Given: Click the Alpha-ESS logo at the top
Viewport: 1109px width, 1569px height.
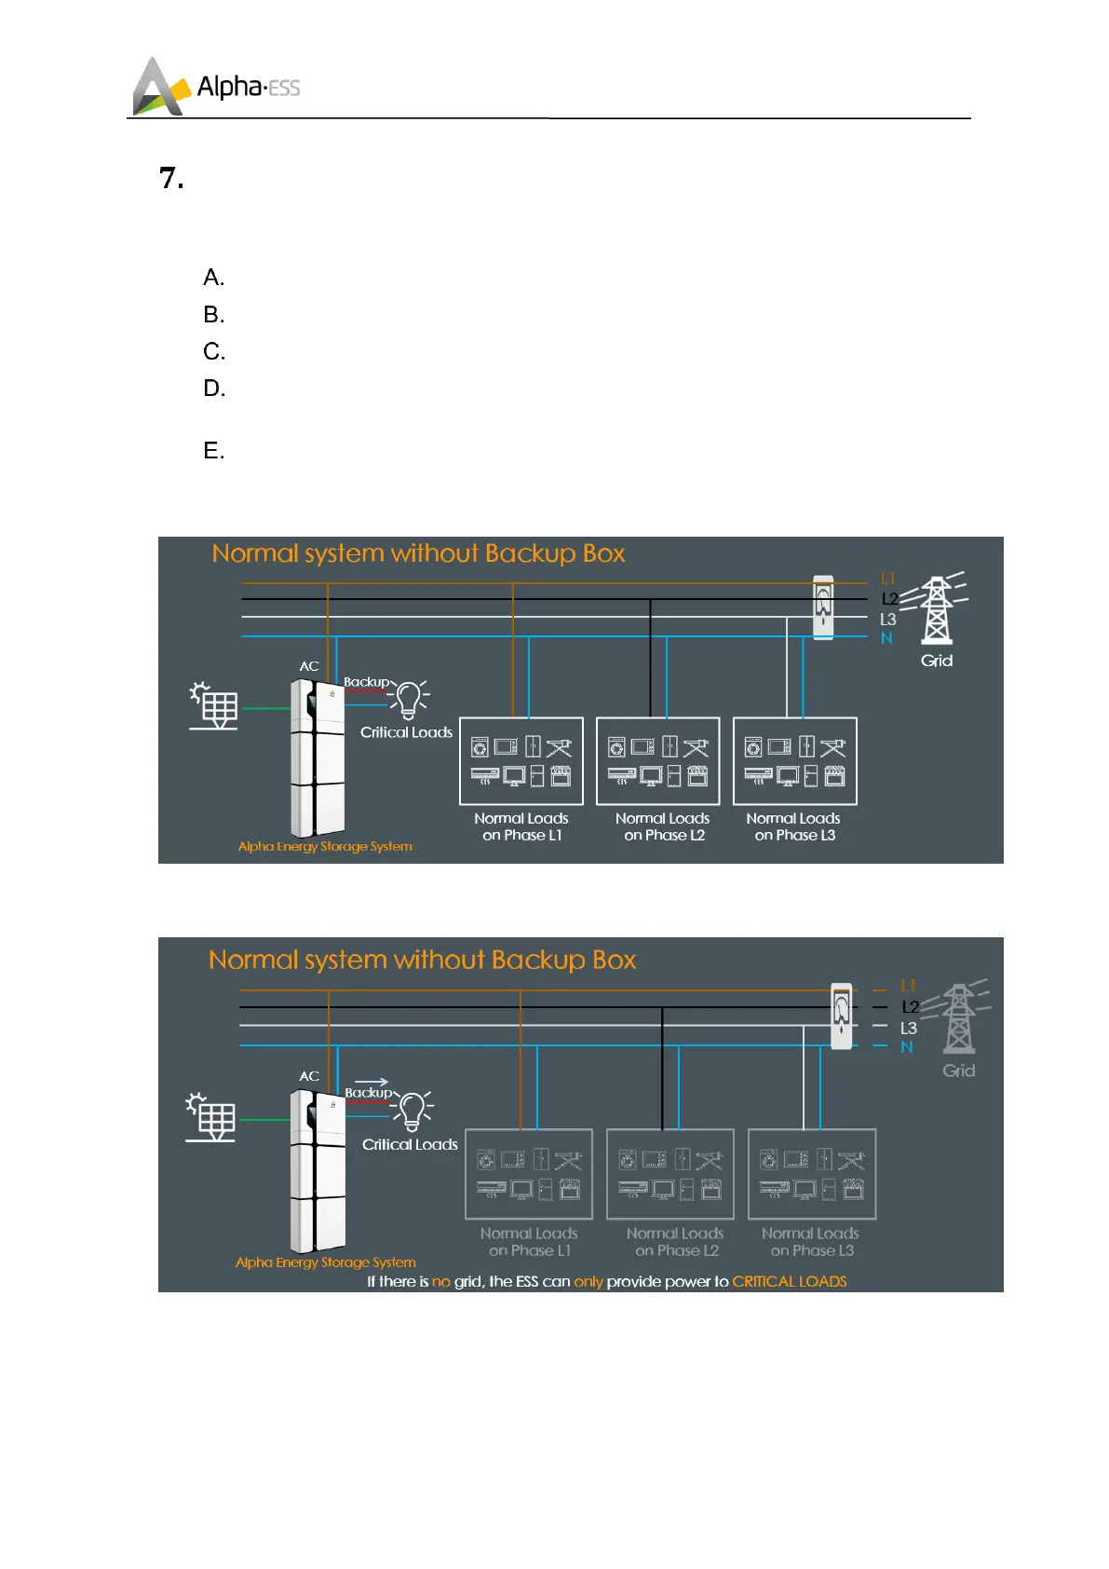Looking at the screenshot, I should [x=216, y=87].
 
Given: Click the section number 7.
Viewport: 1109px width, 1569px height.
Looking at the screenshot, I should [x=170, y=178].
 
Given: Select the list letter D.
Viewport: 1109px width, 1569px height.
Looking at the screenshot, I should [x=214, y=389].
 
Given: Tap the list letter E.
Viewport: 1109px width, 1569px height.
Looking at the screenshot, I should [x=213, y=451].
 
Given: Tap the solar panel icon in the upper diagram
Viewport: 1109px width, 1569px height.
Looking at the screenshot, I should [x=215, y=706].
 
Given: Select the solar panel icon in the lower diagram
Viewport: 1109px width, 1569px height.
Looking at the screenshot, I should [x=212, y=1117].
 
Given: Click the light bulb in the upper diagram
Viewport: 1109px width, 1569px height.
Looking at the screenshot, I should [x=409, y=699].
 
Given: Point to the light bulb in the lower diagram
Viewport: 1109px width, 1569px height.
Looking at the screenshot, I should [x=412, y=1110].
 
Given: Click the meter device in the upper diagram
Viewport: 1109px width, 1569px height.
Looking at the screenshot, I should [x=823, y=607].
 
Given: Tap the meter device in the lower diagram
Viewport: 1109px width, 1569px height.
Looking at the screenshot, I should [x=841, y=1016].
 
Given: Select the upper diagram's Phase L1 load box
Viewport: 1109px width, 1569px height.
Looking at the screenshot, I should [x=521, y=761].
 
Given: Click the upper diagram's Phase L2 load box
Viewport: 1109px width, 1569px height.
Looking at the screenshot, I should [x=657, y=761].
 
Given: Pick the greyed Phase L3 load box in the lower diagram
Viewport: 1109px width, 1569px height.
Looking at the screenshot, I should [x=811, y=1174].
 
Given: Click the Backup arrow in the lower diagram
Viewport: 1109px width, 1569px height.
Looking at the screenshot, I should [x=372, y=1083].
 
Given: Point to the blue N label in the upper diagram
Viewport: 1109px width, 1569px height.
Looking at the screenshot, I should [x=886, y=638].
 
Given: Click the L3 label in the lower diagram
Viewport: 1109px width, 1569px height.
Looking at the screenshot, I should [x=908, y=1029].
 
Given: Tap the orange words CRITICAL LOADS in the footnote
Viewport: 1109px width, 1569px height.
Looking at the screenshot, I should [x=790, y=1281].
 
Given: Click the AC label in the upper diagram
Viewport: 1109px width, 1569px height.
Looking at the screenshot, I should [x=309, y=666].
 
